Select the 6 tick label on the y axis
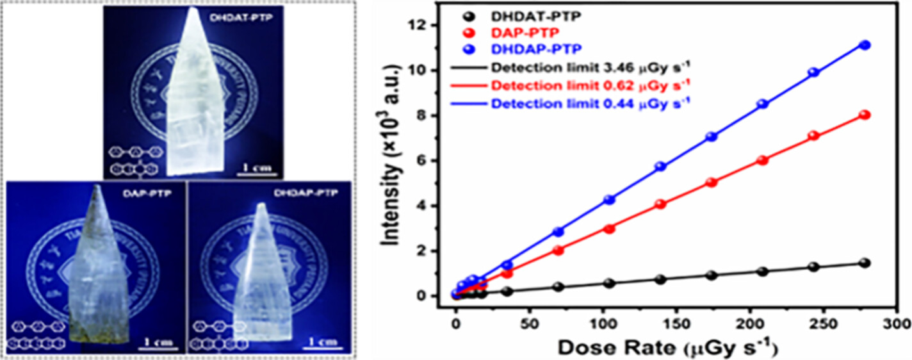(x=425, y=161)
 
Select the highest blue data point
(x=865, y=45)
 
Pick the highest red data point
(x=865, y=115)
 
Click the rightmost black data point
(x=865, y=263)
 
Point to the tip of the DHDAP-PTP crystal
(x=261, y=206)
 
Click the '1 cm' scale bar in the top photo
(x=259, y=168)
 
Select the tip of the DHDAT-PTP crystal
(x=194, y=9)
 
